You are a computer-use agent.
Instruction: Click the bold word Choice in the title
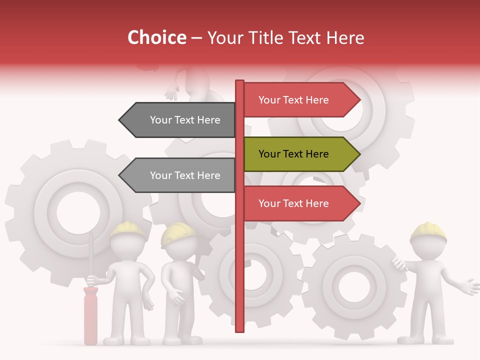156,37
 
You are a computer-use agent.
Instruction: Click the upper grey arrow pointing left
177,120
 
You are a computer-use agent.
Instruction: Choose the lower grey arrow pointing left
177,175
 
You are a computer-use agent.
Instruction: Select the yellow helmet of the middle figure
178,234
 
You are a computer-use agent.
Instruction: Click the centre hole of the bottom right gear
353,287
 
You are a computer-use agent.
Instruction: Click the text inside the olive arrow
293,154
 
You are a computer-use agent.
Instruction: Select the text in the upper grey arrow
185,120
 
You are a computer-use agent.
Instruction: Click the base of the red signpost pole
239,327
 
